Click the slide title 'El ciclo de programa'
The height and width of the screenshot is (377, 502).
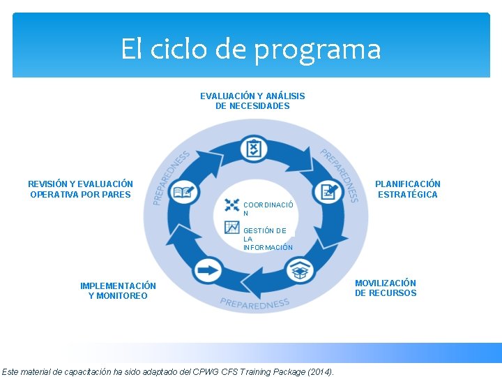(x=251, y=50)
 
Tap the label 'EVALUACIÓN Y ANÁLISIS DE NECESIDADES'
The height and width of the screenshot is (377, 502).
(x=252, y=101)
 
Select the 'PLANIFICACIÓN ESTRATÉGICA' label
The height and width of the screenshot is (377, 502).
(x=408, y=189)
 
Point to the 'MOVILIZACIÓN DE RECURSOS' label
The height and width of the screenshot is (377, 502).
(x=386, y=288)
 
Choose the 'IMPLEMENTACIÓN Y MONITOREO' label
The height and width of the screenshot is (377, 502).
(x=118, y=290)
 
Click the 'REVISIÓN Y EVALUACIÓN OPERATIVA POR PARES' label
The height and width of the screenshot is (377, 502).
(x=80, y=189)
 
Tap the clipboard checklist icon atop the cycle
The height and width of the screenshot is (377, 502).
(x=252, y=148)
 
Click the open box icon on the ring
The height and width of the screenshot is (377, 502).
(x=301, y=269)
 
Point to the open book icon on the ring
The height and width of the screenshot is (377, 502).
(x=183, y=192)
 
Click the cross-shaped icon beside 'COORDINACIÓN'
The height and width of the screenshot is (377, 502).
(x=232, y=205)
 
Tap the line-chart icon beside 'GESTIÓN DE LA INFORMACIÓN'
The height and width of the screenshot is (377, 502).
(x=232, y=227)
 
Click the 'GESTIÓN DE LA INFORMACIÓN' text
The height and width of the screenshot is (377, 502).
(x=268, y=239)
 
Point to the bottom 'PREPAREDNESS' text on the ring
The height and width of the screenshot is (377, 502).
(x=254, y=303)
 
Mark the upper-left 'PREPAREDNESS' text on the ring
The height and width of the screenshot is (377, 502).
(x=170, y=177)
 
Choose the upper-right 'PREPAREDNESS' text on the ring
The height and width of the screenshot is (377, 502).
(x=340, y=175)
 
